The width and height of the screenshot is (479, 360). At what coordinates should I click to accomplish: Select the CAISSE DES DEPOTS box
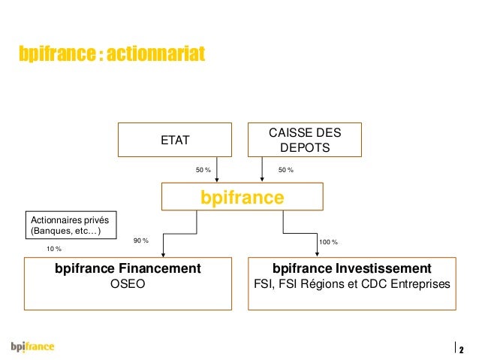(304, 140)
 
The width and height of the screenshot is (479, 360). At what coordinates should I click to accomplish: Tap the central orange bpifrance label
(242, 198)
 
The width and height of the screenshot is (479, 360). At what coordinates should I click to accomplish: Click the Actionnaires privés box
(72, 224)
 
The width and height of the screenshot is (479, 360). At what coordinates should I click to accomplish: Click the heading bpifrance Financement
(128, 268)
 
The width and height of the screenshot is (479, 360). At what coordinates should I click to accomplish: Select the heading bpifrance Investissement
(352, 268)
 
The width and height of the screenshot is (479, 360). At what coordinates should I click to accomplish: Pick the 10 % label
(54, 248)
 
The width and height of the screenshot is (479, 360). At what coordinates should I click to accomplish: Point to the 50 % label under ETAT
(203, 171)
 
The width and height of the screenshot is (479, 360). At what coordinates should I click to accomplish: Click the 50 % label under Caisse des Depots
(286, 171)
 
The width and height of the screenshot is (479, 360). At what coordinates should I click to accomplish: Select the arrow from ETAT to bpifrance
(218, 170)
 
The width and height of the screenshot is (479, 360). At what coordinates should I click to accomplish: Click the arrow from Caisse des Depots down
(262, 170)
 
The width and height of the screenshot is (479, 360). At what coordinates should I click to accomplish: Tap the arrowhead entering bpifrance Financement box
(162, 254)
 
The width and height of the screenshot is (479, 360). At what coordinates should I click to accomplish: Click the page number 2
(461, 349)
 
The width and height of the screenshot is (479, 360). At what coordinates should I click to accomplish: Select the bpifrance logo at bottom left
(32, 347)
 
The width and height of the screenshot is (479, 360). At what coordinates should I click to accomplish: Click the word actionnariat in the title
(155, 55)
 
